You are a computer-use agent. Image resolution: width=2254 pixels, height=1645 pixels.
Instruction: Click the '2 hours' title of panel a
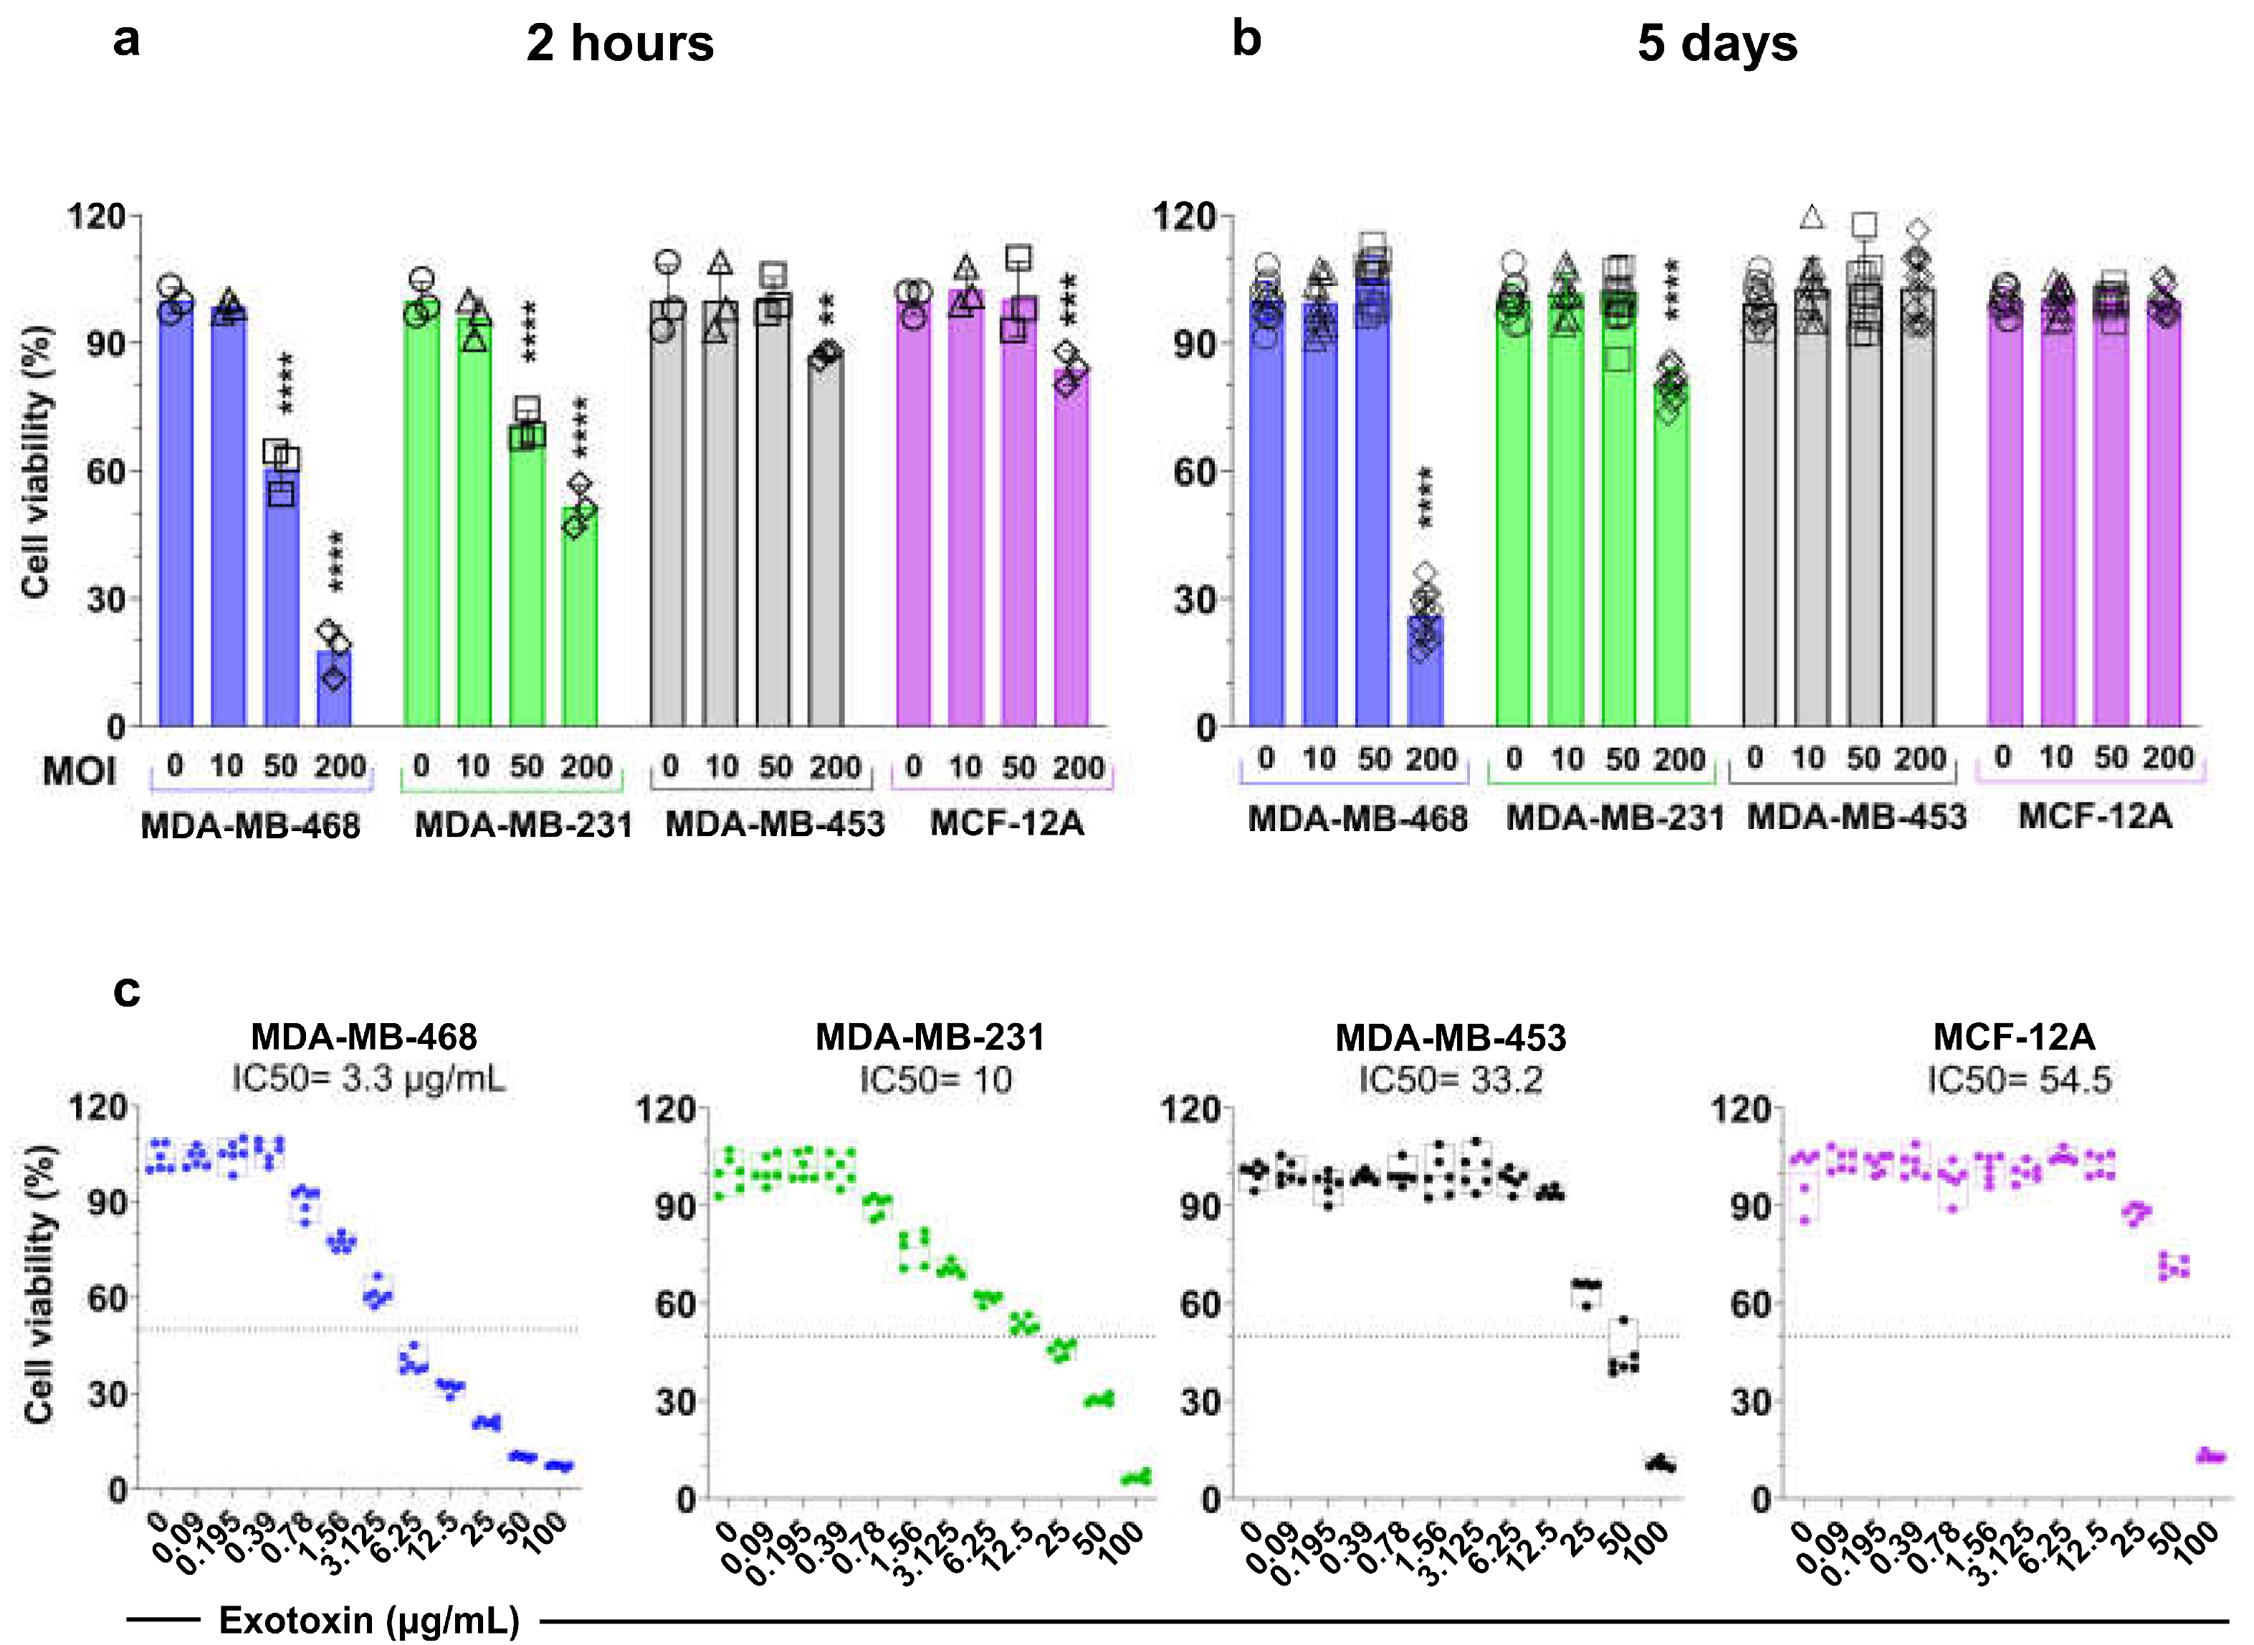click(619, 44)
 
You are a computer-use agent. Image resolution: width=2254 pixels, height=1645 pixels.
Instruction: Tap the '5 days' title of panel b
click(1717, 44)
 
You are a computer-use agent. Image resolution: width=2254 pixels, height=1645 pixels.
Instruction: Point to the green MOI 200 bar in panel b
click(1671, 557)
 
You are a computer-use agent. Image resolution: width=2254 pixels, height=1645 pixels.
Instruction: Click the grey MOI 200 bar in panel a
click(826, 538)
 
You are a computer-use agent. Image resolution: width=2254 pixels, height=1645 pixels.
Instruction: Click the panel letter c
click(126, 992)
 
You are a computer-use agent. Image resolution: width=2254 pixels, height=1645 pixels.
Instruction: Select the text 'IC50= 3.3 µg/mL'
click(368, 1078)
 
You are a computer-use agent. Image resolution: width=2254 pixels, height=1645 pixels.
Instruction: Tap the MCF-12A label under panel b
click(2095, 817)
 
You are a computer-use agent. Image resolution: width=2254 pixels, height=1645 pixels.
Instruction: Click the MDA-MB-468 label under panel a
click(250, 825)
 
